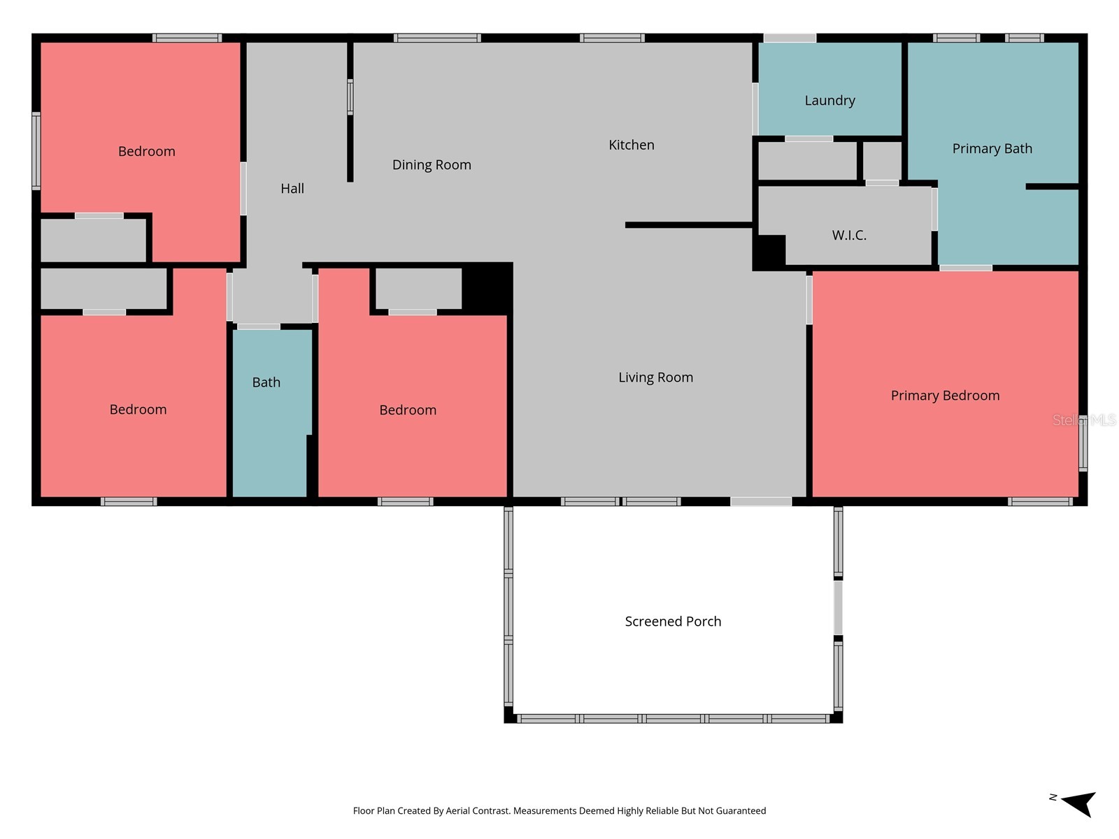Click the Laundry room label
tap(829, 101)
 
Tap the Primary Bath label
tap(992, 149)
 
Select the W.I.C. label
tap(849, 235)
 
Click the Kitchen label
tap(631, 145)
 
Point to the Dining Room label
tap(432, 165)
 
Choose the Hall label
tap(292, 189)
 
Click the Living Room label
tap(655, 378)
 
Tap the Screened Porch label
tap(673, 622)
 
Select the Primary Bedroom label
tap(945, 396)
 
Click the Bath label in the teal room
tap(266, 382)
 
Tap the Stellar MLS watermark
tap(1084, 420)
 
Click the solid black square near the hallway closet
tap(487, 288)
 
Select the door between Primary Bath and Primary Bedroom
tap(966, 268)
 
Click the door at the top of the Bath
tap(259, 327)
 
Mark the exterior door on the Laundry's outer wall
tap(790, 38)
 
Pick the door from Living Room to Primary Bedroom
tap(809, 299)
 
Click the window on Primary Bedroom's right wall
tap(1083, 443)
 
